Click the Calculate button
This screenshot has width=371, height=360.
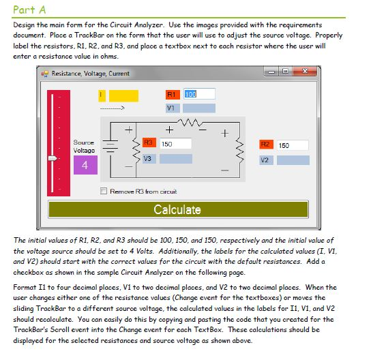point(177,209)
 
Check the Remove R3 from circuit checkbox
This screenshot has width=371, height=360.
point(104,191)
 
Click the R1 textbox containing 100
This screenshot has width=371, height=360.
point(199,93)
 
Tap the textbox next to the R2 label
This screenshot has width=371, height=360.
point(293,145)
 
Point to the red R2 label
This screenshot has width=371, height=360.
point(267,145)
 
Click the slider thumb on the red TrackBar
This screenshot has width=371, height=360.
point(53,158)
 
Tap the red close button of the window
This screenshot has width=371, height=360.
point(304,72)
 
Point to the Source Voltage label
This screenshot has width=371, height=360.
point(84,147)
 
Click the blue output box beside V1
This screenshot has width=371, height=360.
point(198,108)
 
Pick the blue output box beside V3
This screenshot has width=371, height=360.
point(175,158)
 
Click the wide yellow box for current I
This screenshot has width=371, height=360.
point(123,94)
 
